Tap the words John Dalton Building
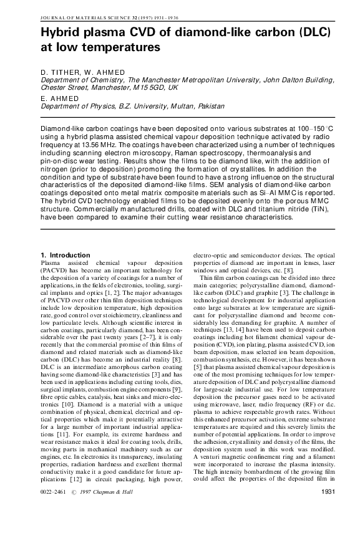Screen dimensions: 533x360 coord(294,80)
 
